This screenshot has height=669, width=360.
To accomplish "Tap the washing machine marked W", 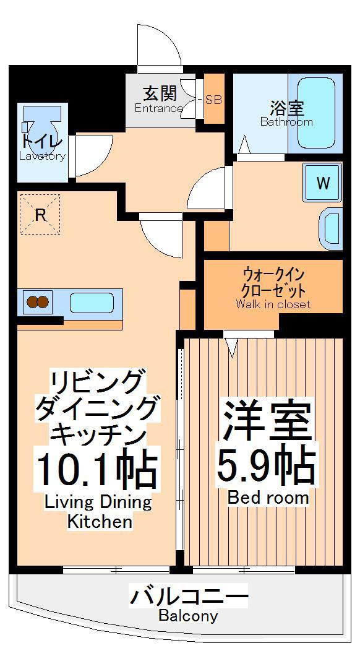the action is pos(322,183).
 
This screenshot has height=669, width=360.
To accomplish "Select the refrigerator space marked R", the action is pos(40,214).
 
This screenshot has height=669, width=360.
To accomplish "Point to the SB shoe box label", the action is pos(213,100).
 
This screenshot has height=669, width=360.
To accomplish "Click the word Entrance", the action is pos(159,108).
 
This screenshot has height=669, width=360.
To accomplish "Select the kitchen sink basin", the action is pos(92,303).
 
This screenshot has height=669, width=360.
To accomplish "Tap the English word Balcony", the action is pos(188,616).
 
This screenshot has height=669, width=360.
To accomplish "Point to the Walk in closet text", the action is pos(273,304).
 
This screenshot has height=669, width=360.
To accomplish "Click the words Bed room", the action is pos(268,498).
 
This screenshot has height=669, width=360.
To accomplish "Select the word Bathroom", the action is pos(286,122).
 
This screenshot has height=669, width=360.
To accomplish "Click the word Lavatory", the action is pos(42,156).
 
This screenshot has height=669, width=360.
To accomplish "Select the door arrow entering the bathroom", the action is pos(244,145).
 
